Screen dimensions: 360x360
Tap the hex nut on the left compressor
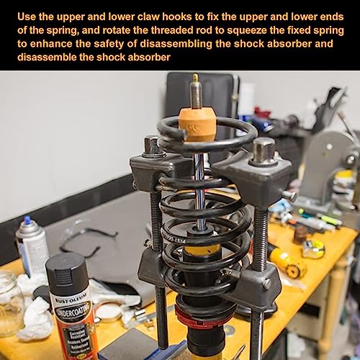[153, 146]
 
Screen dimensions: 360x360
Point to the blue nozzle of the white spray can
[27, 220]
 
